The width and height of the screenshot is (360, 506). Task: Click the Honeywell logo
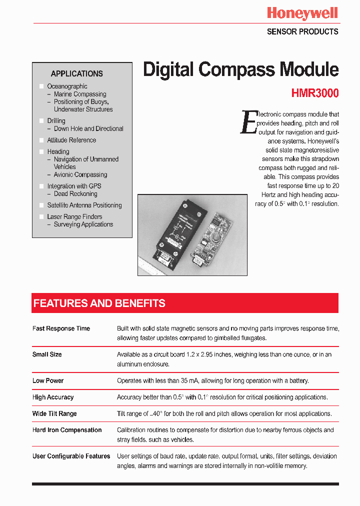point(302,13)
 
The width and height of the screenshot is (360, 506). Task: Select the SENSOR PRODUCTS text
point(302,31)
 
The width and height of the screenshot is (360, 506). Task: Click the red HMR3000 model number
point(314,93)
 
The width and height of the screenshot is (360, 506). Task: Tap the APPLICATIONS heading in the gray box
point(76,73)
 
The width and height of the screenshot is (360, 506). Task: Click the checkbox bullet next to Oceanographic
point(41,86)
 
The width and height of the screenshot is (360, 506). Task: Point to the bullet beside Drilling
point(41,121)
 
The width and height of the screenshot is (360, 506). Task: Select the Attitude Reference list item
point(71,140)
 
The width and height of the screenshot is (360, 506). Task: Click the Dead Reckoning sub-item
point(75,194)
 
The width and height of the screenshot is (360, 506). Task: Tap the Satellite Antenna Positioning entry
point(84,205)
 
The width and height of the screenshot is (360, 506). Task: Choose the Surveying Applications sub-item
point(83,224)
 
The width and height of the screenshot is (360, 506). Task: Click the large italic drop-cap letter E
point(249,122)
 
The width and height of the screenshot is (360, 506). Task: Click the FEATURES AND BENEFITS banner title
point(99,303)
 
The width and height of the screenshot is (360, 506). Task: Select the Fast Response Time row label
point(61,328)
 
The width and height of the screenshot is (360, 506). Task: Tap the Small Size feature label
point(47,354)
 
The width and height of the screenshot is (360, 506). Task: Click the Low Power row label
point(48,380)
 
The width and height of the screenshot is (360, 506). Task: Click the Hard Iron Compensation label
point(67,430)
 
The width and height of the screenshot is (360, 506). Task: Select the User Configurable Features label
point(71,456)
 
